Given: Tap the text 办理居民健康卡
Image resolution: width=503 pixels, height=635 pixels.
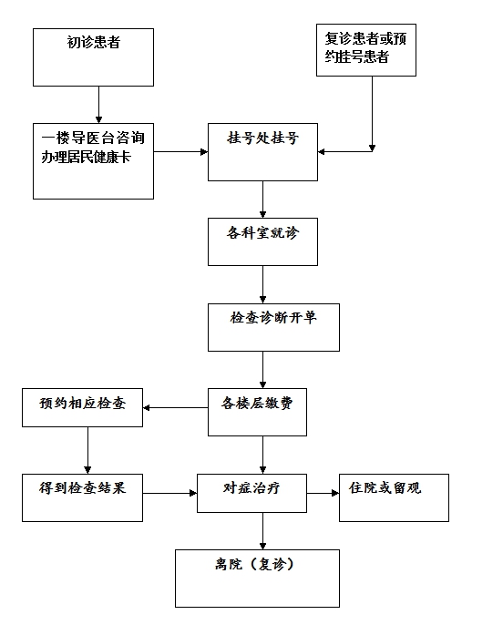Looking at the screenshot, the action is (86, 157).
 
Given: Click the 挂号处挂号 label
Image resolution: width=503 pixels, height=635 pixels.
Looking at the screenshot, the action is (262, 138).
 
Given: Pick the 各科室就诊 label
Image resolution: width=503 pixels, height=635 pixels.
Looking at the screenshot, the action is (262, 233).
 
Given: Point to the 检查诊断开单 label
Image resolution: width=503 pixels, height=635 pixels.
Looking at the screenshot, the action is (273, 318).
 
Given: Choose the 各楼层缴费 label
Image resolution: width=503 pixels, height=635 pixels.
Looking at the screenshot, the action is (257, 404).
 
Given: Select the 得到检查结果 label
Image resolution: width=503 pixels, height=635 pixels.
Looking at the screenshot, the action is (82, 488).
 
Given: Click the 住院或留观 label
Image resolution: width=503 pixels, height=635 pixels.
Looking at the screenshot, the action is (385, 488).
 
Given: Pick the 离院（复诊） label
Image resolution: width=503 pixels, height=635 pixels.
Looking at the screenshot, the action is (254, 564).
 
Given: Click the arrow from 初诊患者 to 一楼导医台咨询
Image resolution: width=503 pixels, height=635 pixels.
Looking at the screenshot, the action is (98, 105).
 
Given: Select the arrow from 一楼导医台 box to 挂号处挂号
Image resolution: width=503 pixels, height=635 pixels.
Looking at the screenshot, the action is (180, 152).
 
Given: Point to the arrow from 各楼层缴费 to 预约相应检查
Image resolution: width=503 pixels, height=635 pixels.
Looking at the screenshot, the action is (175, 407).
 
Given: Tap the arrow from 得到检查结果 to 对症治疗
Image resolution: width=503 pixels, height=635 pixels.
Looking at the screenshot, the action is (169, 493).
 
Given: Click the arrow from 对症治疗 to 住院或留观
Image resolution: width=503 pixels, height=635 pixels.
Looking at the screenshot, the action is (323, 493).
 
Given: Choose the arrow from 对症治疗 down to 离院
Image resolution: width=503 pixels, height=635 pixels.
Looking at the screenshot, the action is (262, 531).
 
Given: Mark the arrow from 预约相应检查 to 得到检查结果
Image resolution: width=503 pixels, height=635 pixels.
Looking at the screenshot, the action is (87, 450).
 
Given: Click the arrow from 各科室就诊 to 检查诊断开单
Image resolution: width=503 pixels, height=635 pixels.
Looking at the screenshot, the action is (262, 284).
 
